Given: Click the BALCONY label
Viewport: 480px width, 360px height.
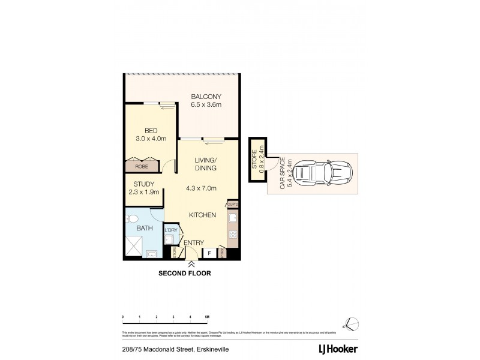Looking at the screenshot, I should point(206,97).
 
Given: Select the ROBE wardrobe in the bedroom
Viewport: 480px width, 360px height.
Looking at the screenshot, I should point(141,166).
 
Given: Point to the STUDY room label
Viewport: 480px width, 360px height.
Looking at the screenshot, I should point(144,184).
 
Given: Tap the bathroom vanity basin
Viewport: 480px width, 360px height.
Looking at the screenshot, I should point(153,253).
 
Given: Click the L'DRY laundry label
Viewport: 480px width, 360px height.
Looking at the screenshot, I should point(171,230).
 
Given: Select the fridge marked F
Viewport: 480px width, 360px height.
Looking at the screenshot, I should point(209,253).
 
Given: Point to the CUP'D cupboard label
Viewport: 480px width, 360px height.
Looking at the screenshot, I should point(233,205).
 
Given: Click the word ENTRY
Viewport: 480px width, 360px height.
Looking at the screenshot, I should point(194,243).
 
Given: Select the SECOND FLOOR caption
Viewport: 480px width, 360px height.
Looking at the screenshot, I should point(184,273).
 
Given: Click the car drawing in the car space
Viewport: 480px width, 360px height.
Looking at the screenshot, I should point(323,173).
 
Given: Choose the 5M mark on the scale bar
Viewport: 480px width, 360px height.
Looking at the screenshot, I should point(206,316).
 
